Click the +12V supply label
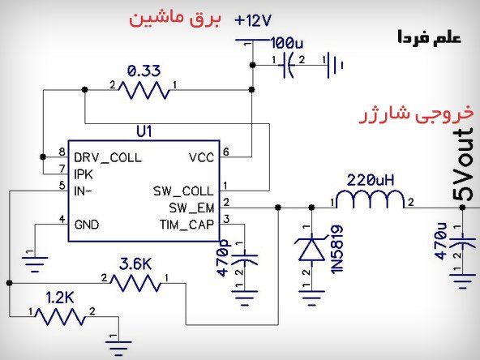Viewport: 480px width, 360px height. tap(253, 21)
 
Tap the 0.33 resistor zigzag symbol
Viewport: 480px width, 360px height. tap(144, 90)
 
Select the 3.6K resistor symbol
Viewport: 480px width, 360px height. tap(135, 283)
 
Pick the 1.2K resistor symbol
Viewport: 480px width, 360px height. tap(60, 316)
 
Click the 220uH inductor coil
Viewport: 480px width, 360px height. tap(371, 199)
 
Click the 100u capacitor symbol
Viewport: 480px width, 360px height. tap(287, 65)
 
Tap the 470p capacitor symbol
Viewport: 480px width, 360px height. tap(245, 258)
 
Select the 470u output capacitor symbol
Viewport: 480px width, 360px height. tap(462, 242)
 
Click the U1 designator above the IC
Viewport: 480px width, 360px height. tap(144, 132)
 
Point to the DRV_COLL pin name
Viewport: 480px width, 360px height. tap(108, 157)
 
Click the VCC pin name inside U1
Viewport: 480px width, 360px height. tap(201, 157)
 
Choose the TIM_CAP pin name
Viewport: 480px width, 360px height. tap(186, 225)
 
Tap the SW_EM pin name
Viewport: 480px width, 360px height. tap(191, 208)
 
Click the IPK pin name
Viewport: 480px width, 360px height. tap(84, 174)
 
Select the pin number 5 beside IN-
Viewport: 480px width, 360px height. tap(62, 185)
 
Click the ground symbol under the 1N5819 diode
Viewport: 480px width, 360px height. tap(311, 298)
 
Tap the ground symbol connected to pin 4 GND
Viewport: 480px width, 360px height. tap(35, 264)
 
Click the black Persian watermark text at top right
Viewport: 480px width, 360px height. tap(430, 37)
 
